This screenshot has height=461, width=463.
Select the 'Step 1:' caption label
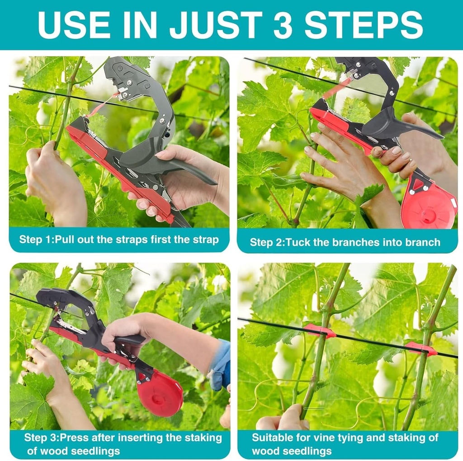coord(36,240)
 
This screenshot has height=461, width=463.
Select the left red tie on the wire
coord(320,330)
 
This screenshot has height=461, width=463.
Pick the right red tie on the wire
coord(420,348)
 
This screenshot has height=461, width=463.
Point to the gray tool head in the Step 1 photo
coord(131,81)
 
